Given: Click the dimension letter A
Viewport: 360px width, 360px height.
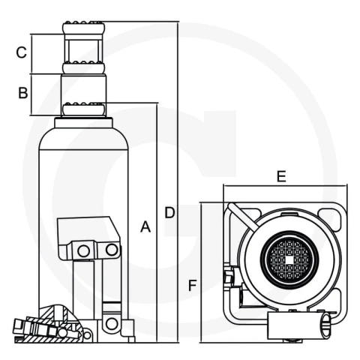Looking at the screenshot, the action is tap(145, 226).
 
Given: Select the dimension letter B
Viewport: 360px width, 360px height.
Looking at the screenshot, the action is tap(23, 93).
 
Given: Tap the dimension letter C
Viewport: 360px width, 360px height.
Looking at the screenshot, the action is tap(21, 52).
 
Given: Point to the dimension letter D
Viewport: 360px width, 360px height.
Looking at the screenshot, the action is tap(169, 212).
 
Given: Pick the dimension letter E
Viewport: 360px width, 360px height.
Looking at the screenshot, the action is tap(281, 176).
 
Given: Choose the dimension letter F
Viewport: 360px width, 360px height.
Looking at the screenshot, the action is tap(193, 285).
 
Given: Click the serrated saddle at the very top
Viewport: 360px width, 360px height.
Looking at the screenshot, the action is tap(83, 28).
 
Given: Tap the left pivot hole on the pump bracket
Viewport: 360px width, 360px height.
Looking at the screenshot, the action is tap(83, 250).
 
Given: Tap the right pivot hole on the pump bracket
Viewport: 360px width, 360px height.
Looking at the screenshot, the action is tap(112, 250).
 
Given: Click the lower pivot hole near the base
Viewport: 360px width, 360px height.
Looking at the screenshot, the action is tap(112, 324).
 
